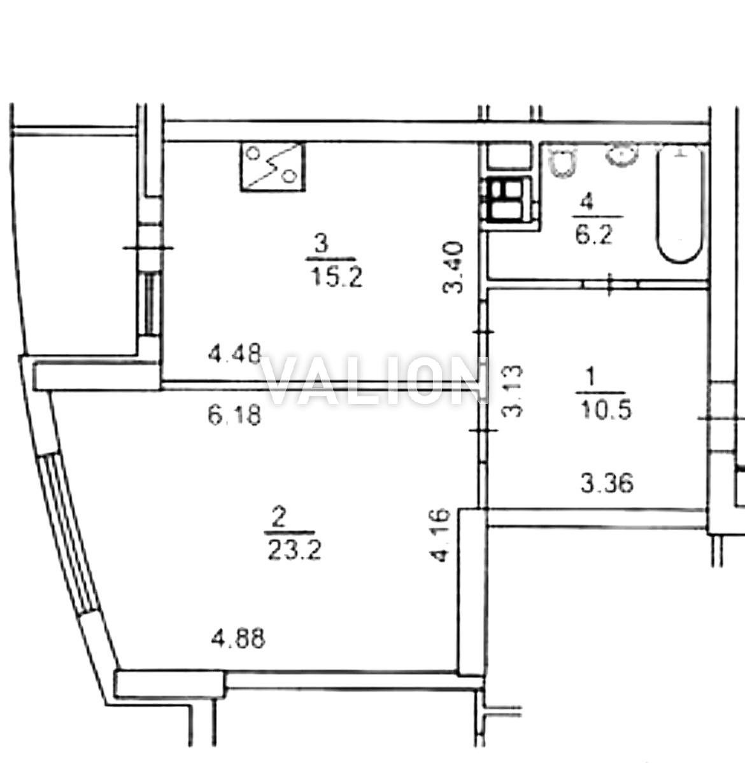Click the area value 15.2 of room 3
336,278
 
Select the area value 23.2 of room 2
294,550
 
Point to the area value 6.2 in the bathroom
593,235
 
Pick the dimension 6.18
235,416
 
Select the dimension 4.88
238,638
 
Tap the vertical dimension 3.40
452,267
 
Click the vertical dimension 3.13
512,392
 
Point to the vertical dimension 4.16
442,535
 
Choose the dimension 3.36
607,483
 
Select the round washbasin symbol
621,155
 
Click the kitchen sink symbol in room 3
273,166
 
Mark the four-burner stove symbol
506,200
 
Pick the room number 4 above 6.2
588,202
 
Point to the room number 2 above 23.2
278,517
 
